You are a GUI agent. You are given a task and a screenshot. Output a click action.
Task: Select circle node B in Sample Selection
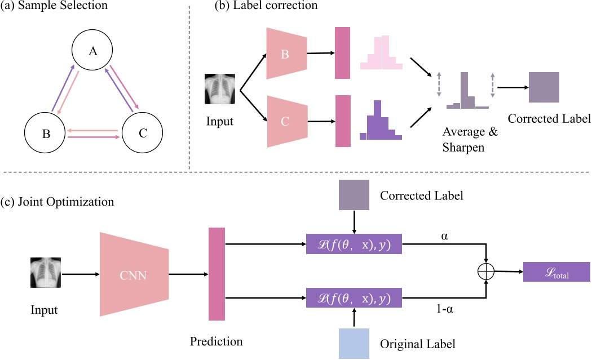coord(46,134)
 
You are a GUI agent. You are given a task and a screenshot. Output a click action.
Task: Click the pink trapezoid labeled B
coord(286,54)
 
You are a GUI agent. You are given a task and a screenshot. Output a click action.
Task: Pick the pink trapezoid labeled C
coord(286,121)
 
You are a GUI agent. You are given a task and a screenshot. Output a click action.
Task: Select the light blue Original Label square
coord(354,343)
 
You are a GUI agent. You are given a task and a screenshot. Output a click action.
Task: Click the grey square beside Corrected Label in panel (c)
coord(354,195)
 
